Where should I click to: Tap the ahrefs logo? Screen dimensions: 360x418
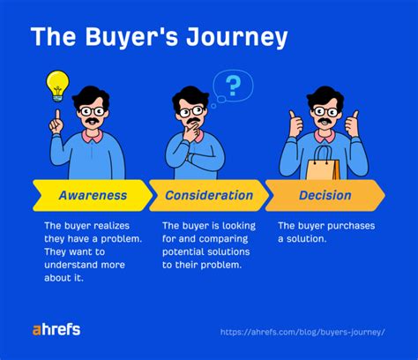[56, 329]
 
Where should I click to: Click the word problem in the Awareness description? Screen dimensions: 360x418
[125, 240]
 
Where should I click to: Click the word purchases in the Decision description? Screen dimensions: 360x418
[349, 225]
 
